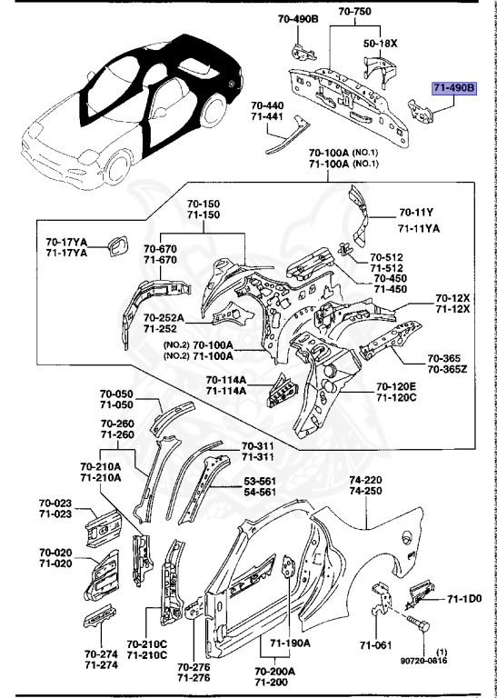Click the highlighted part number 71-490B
[x=452, y=88]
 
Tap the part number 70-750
[x=354, y=12]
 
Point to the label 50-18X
[x=382, y=43]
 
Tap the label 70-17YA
[x=66, y=242]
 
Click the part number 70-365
[x=446, y=358]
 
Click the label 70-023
[x=55, y=503]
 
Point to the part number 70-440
[x=268, y=105]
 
